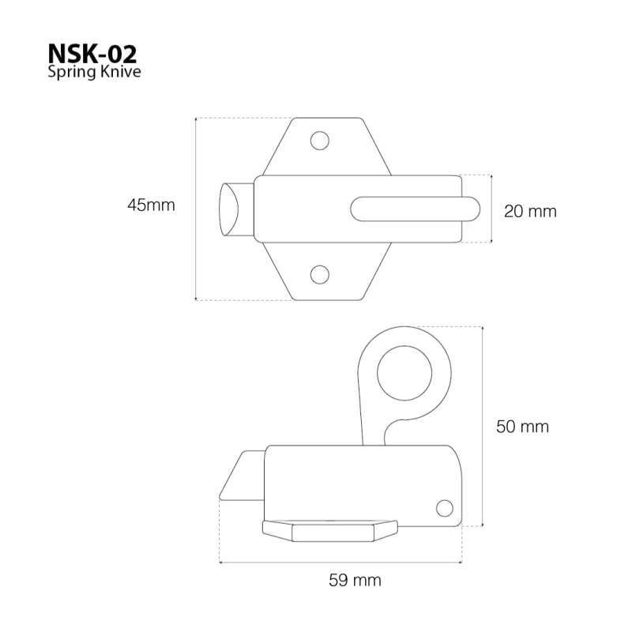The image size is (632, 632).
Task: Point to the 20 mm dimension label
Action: tap(531, 211)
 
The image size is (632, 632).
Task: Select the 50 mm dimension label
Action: tap(522, 427)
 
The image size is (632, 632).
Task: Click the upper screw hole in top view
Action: tap(320, 141)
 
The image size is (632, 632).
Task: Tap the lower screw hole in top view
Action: tap(320, 275)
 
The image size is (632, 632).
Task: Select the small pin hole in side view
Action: tap(444, 507)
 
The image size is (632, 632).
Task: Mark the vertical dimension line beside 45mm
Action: tap(195, 209)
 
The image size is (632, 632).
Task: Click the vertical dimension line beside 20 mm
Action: tap(492, 209)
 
